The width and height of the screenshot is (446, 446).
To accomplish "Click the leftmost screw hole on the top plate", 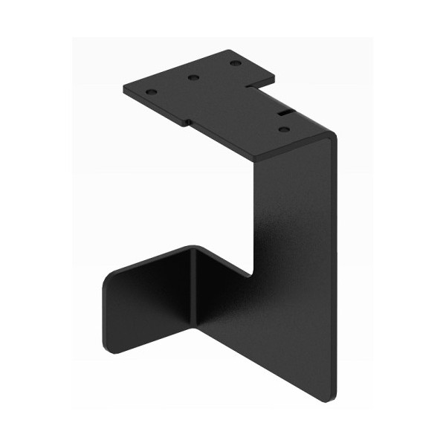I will (x=152, y=91).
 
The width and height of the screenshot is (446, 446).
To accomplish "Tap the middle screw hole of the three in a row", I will (x=193, y=77).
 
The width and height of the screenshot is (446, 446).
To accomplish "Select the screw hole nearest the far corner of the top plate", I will (x=236, y=63).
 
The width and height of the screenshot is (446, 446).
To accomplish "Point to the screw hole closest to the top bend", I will (x=284, y=129).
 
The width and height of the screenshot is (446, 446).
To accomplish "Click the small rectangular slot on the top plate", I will (x=285, y=113).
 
